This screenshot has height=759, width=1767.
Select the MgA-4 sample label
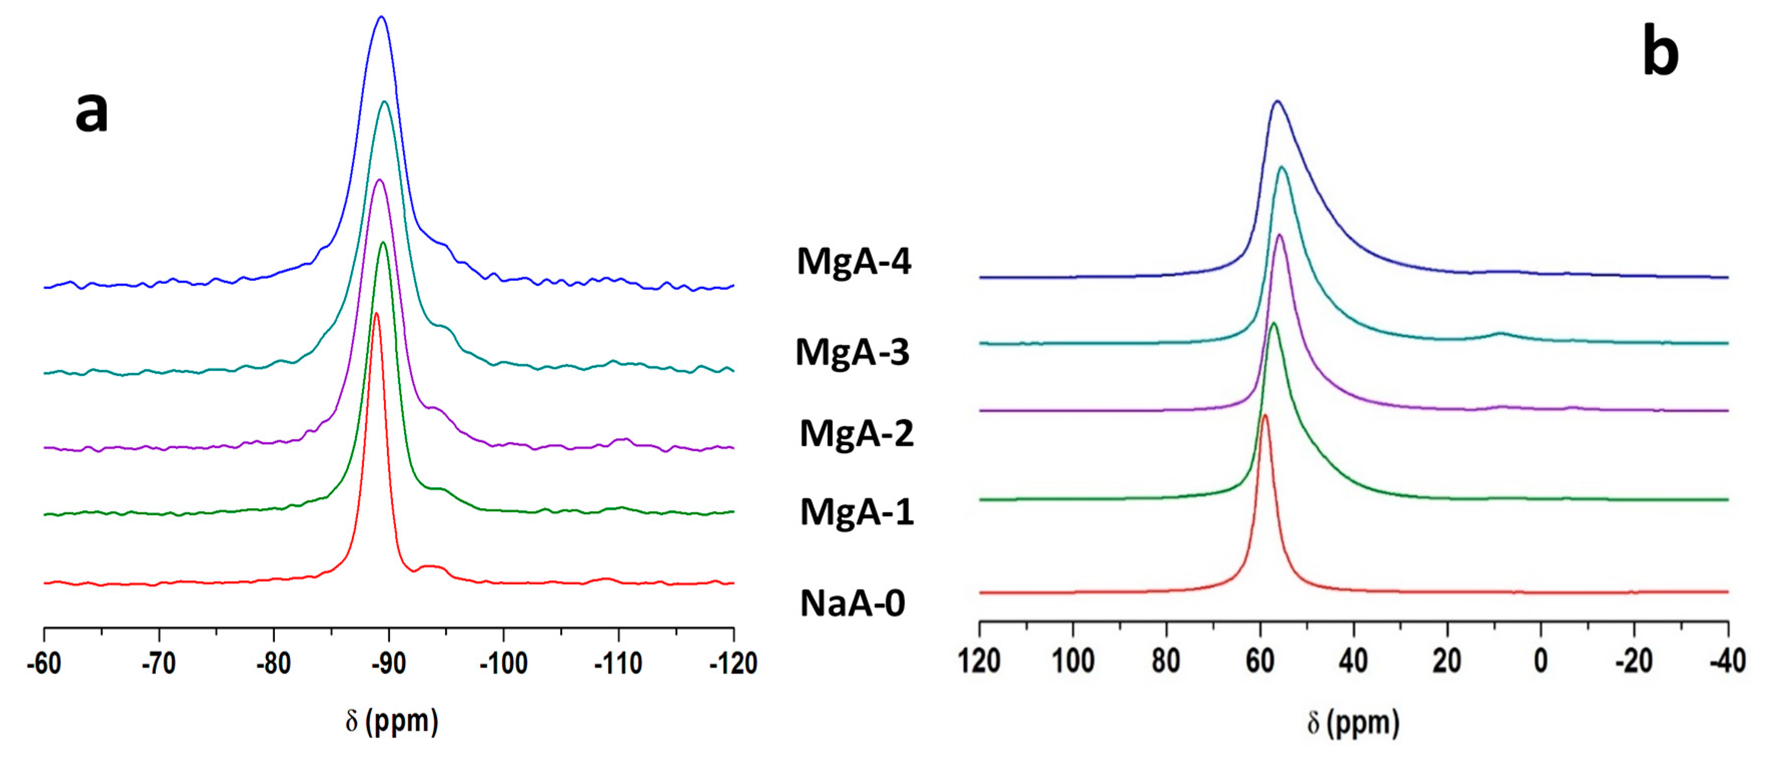[853, 261]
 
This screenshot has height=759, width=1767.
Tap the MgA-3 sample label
[852, 352]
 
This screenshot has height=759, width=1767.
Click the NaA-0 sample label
[852, 603]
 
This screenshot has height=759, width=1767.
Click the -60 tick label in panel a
[44, 663]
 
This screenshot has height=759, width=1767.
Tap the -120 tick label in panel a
[733, 663]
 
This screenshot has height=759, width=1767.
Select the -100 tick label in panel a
[504, 663]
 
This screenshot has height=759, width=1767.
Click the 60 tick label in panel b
[1260, 660]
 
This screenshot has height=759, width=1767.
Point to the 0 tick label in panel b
[1541, 660]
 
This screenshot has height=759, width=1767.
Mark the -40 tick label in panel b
[1727, 660]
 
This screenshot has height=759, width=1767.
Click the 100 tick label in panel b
[1073, 660]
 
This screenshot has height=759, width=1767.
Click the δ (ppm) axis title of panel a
[391, 721]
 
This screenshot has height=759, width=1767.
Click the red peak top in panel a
[376, 314]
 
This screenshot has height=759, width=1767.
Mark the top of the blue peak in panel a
[381, 17]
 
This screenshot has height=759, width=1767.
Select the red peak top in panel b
[1264, 415]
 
